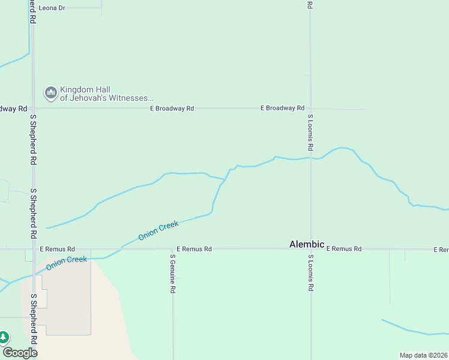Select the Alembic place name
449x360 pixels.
307,244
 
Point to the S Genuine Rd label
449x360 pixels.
172,273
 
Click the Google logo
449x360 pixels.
20,352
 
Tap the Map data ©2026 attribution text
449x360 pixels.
423,355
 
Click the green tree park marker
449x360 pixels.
4,338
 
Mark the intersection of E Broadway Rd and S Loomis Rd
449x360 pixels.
310,109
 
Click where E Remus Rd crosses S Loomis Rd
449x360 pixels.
310,248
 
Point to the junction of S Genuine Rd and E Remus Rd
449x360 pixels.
173,248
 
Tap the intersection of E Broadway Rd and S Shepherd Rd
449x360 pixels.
34,109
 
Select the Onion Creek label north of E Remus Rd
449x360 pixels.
158,230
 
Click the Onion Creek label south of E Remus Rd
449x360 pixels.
67,263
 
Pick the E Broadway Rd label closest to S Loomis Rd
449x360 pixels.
282,108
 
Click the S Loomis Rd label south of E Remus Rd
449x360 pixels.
310,273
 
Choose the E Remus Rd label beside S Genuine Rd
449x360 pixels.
194,248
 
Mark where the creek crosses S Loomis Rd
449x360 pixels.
310,158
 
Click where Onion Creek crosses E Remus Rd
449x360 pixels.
118,248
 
